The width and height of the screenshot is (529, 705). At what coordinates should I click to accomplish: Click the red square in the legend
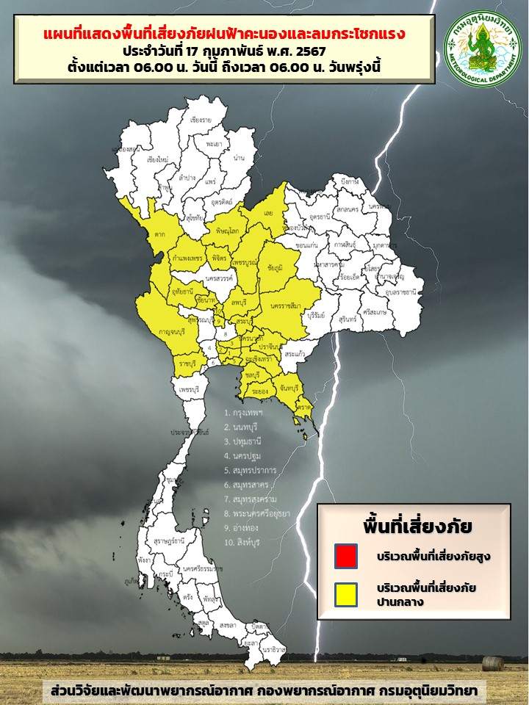(345, 555)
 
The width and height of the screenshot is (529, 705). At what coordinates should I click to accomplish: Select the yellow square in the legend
(345, 594)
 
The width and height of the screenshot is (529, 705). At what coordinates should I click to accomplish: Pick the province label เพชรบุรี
(190, 387)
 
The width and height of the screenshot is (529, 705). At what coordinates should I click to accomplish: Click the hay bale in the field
(493, 664)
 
